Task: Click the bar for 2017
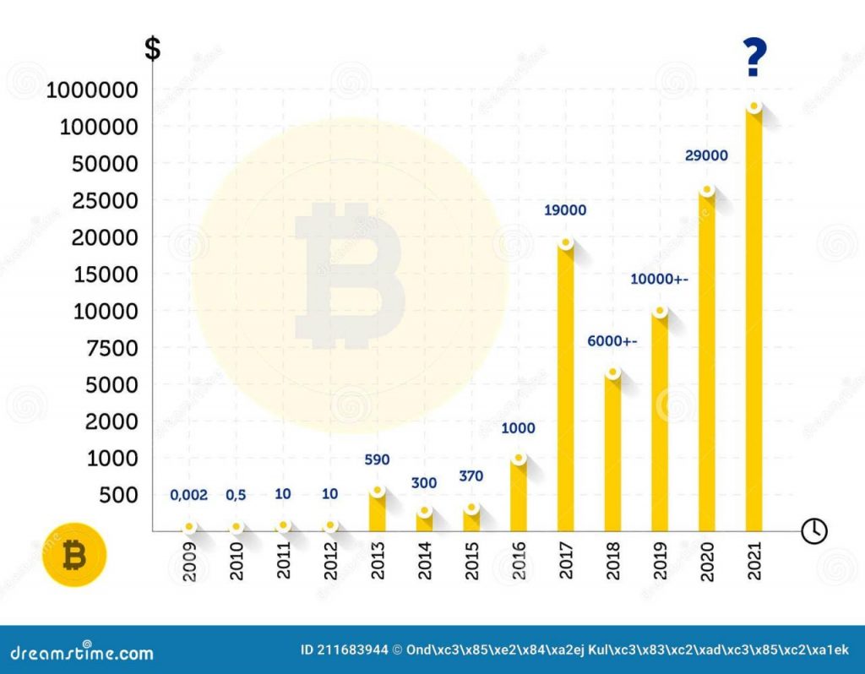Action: click(565, 389)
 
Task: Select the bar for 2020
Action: click(706, 363)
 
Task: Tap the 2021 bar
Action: click(753, 321)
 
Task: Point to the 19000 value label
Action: click(565, 211)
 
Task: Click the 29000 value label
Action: click(706, 156)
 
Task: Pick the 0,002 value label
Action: click(188, 495)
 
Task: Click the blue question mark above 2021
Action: click(755, 58)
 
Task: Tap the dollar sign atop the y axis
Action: click(152, 48)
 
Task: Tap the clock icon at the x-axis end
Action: click(814, 530)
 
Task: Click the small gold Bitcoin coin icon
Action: click(75, 555)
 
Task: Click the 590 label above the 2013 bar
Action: click(377, 460)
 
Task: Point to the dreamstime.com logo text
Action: click(82, 652)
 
